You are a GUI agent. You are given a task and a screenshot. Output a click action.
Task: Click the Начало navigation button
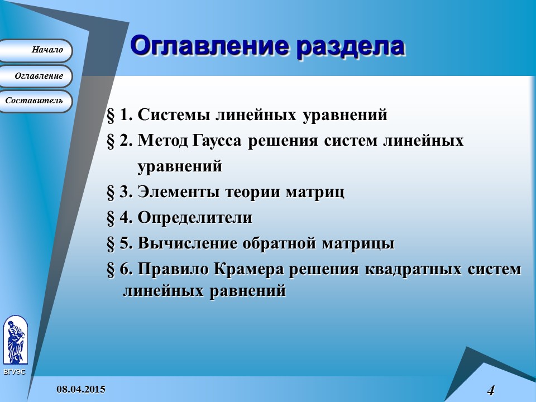(x=37, y=50)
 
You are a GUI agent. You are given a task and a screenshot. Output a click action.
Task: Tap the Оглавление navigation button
(x=37, y=76)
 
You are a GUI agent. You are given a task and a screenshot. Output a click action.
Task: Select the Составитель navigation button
(x=37, y=101)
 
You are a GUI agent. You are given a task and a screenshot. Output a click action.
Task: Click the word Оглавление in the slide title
(x=209, y=47)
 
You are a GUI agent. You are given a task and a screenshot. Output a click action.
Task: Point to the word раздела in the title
(x=350, y=47)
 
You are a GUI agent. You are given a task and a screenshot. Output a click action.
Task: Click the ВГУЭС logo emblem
(x=15, y=341)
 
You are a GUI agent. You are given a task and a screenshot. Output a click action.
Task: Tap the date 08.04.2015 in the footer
(x=80, y=389)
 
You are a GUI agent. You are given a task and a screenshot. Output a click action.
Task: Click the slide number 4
(x=491, y=390)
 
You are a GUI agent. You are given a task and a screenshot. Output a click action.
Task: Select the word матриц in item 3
(x=315, y=192)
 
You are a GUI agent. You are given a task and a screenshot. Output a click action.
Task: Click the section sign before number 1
(x=111, y=116)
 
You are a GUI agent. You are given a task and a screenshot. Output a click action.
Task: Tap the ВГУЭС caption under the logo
(x=14, y=372)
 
